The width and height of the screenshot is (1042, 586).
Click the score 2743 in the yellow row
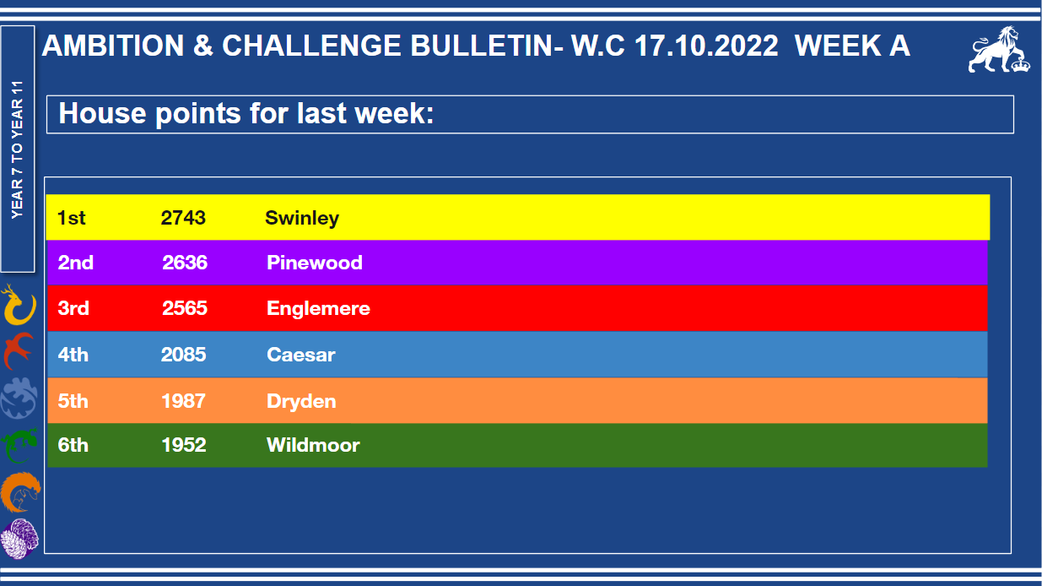pos(183,218)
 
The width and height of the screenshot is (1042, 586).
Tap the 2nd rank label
pos(75,263)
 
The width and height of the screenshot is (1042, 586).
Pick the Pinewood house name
pos(315,263)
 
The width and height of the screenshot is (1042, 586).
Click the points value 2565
pos(185,308)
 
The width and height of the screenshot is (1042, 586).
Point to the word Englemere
pos(318,308)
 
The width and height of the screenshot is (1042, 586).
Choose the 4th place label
pos(73,355)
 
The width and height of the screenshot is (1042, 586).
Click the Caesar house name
pos(301,355)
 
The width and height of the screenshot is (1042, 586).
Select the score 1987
pos(183,401)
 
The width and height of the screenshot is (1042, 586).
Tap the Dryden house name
pos(301,401)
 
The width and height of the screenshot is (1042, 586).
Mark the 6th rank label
pos(73,445)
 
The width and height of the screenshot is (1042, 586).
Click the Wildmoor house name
pos(313,445)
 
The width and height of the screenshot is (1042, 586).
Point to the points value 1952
pos(184,445)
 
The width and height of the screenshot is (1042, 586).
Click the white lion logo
pos(999,50)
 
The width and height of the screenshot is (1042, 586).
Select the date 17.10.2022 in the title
pos(706,46)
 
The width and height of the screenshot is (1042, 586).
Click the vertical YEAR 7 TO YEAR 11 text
pos(17,149)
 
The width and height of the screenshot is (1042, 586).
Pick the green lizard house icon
pos(19,445)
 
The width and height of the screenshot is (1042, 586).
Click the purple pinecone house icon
pos(19,539)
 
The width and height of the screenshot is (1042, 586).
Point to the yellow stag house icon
pos(19,305)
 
